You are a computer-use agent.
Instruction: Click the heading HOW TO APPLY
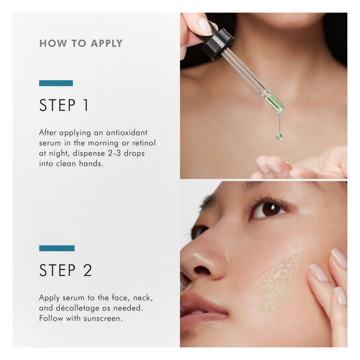point(81,43)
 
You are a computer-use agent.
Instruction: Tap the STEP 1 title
point(64,105)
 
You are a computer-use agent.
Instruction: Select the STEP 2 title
point(66,270)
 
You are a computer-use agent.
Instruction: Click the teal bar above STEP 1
point(56,83)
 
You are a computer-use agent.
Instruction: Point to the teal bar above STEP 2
point(57,248)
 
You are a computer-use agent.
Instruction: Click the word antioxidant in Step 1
point(127,133)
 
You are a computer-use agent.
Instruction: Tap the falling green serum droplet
point(279,136)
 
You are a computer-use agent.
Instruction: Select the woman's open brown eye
point(268,210)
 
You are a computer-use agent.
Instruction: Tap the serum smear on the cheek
point(279,282)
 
